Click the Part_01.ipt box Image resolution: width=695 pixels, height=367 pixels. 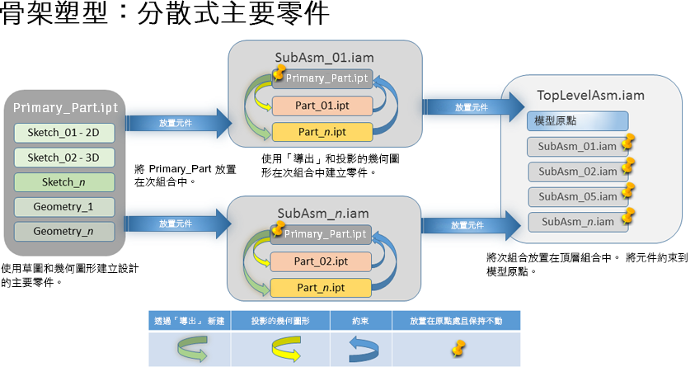(x=322, y=106)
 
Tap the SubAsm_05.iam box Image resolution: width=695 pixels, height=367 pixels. (x=577, y=196)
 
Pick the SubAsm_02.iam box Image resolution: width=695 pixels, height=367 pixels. (x=577, y=172)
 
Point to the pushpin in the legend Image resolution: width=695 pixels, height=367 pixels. (x=456, y=349)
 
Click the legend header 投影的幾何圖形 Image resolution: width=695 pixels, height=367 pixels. (x=279, y=319)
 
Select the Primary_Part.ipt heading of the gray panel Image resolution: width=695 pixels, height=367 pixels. (x=65, y=108)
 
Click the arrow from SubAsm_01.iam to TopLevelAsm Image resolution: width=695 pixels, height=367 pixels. (x=471, y=107)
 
